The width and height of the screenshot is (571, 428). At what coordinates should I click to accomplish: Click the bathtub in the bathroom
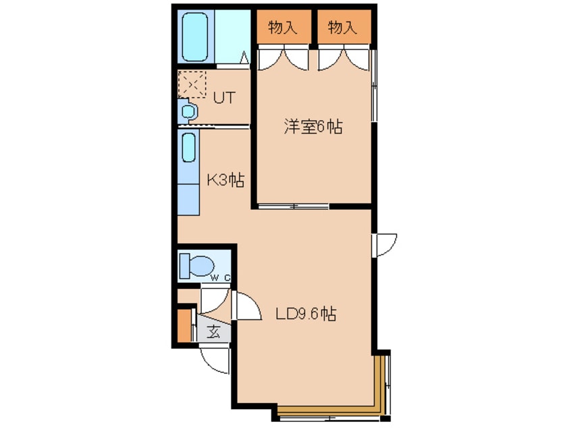(x=196, y=38)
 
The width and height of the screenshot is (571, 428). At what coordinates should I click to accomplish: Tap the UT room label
(x=224, y=98)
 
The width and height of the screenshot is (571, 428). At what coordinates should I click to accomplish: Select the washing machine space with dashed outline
(x=192, y=84)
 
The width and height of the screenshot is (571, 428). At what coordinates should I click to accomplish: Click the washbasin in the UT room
(x=188, y=111)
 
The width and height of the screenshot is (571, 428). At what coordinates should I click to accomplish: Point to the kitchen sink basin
(x=188, y=148)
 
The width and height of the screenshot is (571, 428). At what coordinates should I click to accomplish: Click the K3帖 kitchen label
(x=225, y=180)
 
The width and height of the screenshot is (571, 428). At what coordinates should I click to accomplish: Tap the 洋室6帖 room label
(x=313, y=127)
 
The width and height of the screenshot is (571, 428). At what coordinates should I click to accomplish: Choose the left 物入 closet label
(x=283, y=28)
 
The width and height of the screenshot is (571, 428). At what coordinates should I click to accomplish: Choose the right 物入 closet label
(x=343, y=28)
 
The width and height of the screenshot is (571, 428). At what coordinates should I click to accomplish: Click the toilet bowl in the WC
(x=196, y=266)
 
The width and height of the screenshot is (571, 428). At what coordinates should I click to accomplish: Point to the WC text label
(x=221, y=278)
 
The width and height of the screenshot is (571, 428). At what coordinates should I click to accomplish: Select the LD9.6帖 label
(x=306, y=314)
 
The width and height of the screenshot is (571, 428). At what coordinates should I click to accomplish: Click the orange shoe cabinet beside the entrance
(x=184, y=325)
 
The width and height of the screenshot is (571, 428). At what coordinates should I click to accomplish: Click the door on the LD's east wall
(x=385, y=245)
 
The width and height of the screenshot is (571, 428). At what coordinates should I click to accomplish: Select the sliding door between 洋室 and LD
(x=294, y=207)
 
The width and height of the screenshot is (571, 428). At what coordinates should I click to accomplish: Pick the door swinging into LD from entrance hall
(x=246, y=306)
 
